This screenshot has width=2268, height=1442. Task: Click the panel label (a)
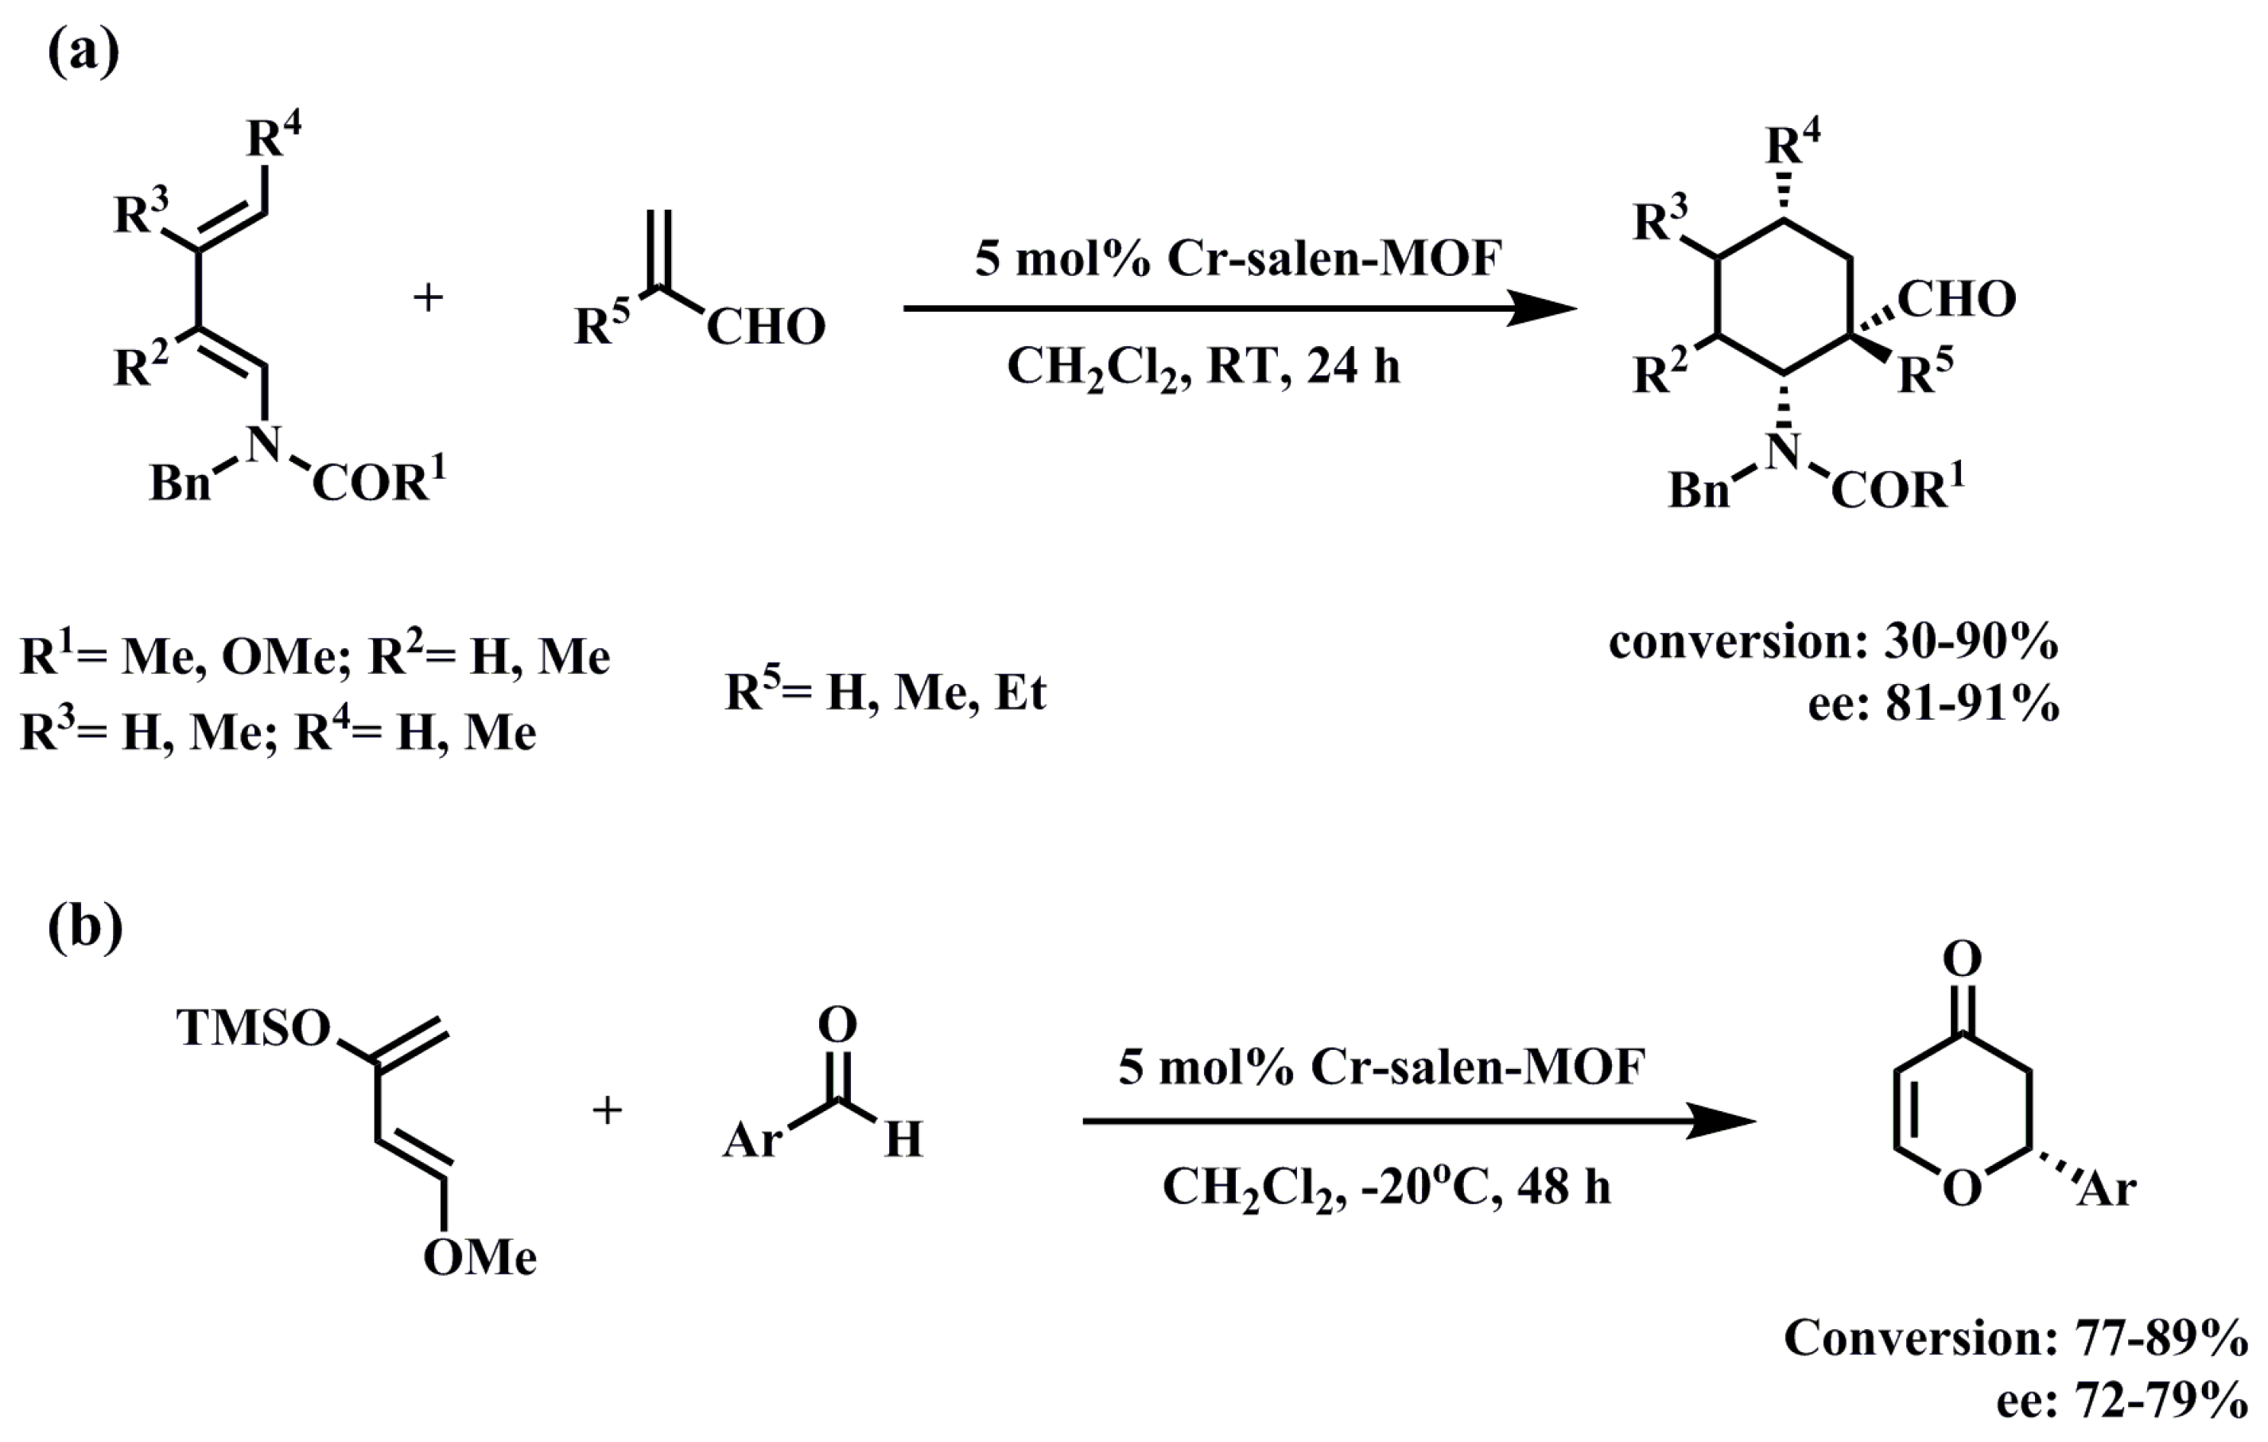click(x=83, y=53)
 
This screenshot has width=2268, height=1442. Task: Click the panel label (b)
click(x=85, y=927)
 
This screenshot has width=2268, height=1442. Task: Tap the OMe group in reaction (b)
click(x=480, y=1257)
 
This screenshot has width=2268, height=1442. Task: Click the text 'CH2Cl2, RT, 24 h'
click(x=1202, y=367)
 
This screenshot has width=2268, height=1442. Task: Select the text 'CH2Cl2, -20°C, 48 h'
click(x=1386, y=1187)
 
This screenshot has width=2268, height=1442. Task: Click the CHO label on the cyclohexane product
click(x=1956, y=300)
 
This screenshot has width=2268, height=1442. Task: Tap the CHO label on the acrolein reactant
click(x=765, y=328)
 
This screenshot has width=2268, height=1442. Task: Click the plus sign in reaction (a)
click(x=429, y=298)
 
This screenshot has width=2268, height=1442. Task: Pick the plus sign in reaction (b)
click(x=607, y=1110)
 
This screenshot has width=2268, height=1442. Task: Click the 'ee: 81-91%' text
click(x=1932, y=702)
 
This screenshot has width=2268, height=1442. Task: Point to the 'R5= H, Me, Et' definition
click(x=884, y=692)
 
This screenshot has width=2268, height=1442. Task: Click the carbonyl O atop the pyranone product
click(x=1962, y=959)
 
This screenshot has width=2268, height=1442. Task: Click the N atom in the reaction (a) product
click(x=1782, y=451)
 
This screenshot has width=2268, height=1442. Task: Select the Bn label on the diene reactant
click(x=180, y=484)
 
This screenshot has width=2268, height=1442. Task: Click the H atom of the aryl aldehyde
click(x=903, y=1140)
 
